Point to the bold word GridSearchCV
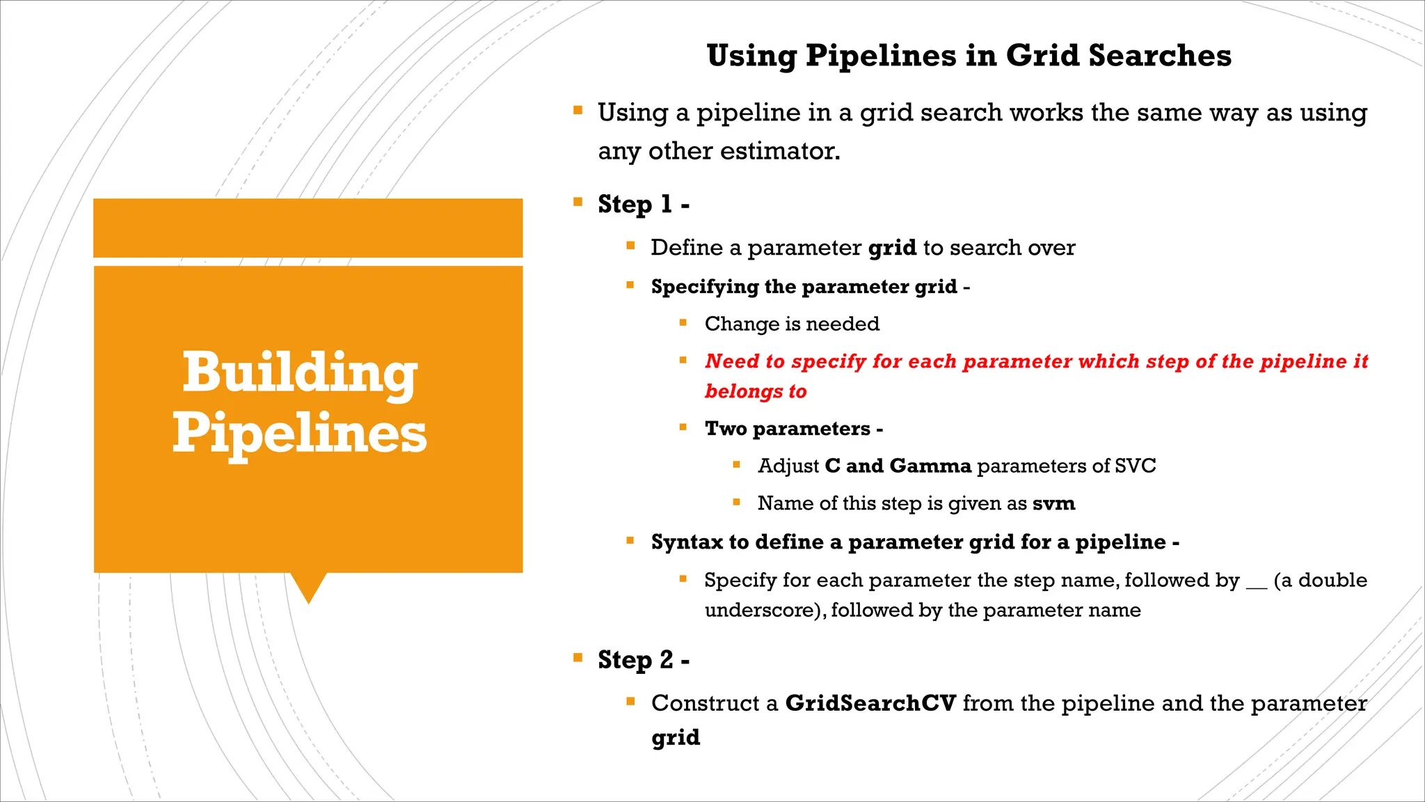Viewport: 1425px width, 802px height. pos(870,703)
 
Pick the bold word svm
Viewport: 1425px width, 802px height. pos(1053,503)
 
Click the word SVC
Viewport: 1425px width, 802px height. pos(1135,466)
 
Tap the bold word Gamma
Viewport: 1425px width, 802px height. pos(930,466)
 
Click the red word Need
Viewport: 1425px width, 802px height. pos(732,361)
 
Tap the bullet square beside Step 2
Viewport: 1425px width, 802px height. pos(578,657)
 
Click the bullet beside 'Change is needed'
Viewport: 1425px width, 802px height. pos(683,322)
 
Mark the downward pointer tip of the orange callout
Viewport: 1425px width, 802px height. pos(308,600)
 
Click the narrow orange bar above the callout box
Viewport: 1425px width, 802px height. pos(308,228)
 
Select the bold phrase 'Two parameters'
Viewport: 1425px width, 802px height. pos(787,429)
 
